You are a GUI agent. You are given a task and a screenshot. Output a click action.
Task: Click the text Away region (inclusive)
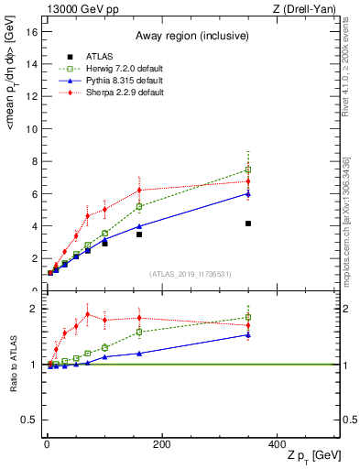click(x=191, y=36)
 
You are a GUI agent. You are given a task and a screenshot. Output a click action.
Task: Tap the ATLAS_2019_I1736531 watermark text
click(x=190, y=274)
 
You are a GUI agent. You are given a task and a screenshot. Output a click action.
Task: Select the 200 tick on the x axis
click(x=161, y=444)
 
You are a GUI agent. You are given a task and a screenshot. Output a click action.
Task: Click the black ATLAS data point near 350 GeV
click(x=248, y=224)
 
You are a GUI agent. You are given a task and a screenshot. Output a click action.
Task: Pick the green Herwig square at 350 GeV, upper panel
click(x=248, y=169)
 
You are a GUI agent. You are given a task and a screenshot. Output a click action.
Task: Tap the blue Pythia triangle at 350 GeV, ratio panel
click(x=248, y=334)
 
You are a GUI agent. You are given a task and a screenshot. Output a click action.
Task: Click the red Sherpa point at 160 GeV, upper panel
click(x=139, y=190)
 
